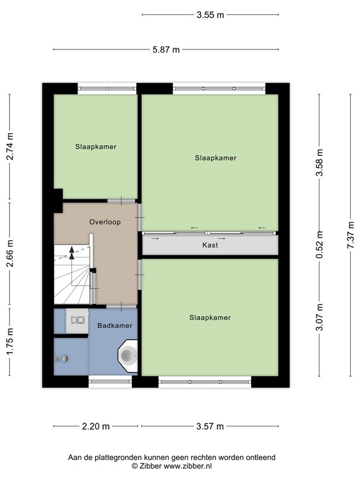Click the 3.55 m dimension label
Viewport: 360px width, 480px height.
[211, 15]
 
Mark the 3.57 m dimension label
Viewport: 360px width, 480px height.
[210, 427]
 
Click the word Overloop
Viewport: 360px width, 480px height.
[104, 222]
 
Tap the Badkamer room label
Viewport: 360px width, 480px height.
[114, 326]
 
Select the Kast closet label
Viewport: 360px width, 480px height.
[210, 246]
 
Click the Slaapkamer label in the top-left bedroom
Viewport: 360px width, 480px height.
[96, 147]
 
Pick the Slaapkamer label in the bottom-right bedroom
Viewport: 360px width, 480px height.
[210, 317]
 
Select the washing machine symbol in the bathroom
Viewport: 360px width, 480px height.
[77, 319]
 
